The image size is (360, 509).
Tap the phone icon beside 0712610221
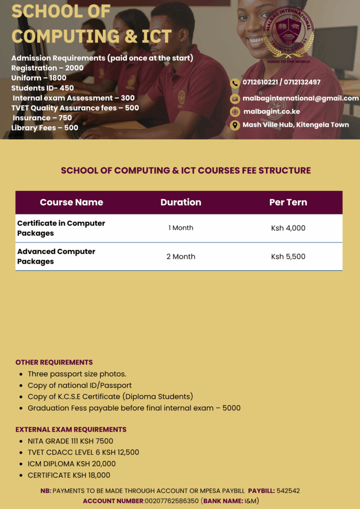tap(235, 83)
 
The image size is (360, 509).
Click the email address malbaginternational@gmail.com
tap(300, 98)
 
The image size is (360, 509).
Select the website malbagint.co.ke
tap(271, 111)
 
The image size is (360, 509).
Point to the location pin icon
tap(235, 125)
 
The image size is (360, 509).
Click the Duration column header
tap(180, 202)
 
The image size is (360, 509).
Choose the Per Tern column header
tap(288, 202)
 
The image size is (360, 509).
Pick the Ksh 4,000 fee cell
tap(288, 228)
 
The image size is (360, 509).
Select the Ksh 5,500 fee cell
tap(288, 256)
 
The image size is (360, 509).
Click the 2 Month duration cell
tap(180, 256)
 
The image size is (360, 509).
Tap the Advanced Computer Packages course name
tap(56, 256)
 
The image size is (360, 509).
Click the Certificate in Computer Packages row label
tap(61, 228)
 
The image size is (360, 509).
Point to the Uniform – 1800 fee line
tap(39, 78)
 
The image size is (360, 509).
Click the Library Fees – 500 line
tap(45, 128)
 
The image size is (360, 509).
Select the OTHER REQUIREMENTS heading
tap(54, 362)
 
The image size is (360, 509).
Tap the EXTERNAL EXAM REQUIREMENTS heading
tap(71, 429)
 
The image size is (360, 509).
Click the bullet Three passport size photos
tap(77, 374)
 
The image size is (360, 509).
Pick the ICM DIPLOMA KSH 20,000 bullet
tap(72, 464)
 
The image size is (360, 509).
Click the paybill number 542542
tap(288, 491)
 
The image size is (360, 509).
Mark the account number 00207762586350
tap(172, 501)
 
